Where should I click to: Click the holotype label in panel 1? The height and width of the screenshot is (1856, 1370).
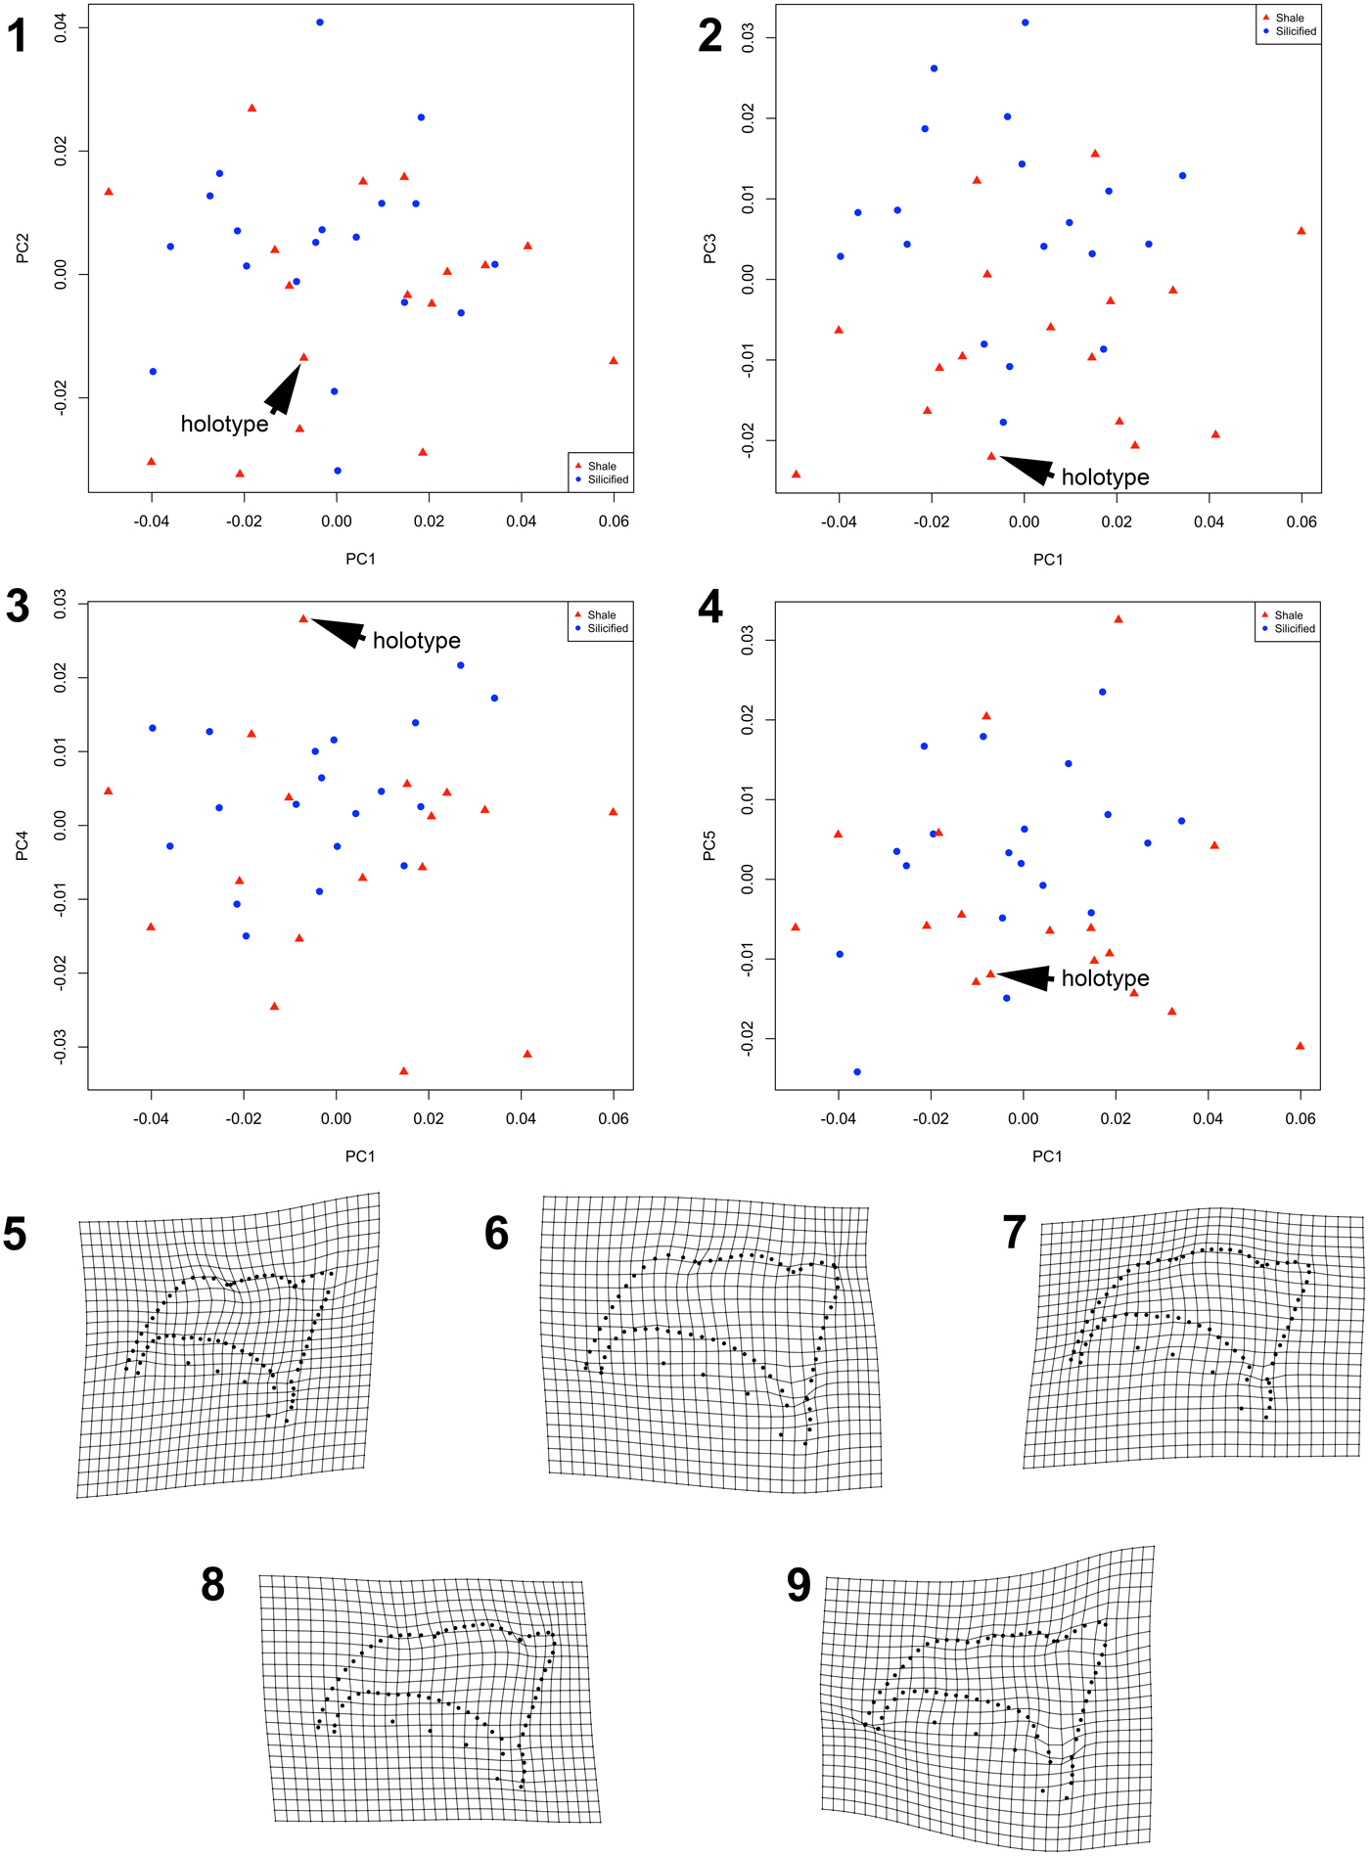click(x=224, y=424)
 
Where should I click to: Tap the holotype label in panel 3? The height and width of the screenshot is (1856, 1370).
click(x=416, y=641)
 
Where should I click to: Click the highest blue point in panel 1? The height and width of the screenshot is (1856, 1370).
click(x=320, y=23)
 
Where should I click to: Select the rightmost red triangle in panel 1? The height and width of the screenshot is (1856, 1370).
click(x=614, y=360)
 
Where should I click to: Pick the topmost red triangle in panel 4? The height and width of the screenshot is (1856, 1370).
click(x=1119, y=619)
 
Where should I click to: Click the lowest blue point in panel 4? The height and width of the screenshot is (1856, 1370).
click(x=857, y=1072)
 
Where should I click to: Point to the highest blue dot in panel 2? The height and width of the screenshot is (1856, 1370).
click(x=1026, y=23)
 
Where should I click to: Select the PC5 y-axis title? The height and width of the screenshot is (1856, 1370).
click(x=710, y=845)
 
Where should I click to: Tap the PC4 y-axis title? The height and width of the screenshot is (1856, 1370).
click(x=23, y=845)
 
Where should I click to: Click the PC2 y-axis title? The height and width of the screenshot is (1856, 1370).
click(x=23, y=249)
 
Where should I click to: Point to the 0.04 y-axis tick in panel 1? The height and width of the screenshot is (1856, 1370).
click(x=61, y=27)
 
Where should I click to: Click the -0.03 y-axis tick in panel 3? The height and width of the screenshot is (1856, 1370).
click(x=61, y=1047)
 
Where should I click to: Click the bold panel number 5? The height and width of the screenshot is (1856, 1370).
click(x=16, y=1235)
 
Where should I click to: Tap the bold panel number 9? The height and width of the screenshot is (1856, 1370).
click(x=799, y=1586)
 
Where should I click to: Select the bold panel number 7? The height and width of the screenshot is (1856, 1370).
click(x=1014, y=1233)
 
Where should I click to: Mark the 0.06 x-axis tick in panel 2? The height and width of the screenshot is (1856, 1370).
click(x=1301, y=521)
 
